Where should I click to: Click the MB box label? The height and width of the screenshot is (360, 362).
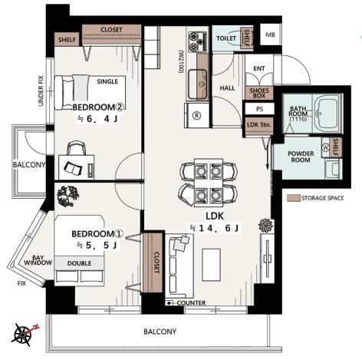[x=270, y=35]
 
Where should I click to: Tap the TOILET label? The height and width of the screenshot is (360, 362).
[x=226, y=38]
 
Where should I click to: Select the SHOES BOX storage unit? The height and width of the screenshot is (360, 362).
[x=259, y=93]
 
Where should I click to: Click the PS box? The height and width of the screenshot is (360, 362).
[x=259, y=109]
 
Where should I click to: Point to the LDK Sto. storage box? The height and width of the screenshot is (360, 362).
[x=259, y=126]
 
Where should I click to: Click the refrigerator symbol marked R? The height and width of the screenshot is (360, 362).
[x=197, y=116]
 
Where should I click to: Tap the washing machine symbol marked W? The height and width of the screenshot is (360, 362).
[x=326, y=147]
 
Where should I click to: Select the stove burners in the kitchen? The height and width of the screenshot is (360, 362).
[x=197, y=42]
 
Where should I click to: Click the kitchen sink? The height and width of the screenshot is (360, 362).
[x=197, y=84]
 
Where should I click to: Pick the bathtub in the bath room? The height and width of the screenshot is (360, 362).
[x=327, y=114]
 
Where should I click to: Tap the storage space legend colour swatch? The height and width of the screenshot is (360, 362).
[x=293, y=198]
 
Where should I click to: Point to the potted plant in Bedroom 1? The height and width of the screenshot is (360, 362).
[x=68, y=196]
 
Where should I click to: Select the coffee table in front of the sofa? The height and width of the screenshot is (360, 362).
[x=211, y=265]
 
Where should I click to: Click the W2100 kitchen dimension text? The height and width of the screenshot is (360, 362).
[x=181, y=61]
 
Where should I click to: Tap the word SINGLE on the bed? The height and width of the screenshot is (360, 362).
[x=107, y=81]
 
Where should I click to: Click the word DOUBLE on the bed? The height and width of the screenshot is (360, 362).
[x=79, y=263]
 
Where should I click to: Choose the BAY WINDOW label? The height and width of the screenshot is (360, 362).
[x=38, y=260]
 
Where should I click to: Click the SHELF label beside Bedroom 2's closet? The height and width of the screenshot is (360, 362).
[x=67, y=40]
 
